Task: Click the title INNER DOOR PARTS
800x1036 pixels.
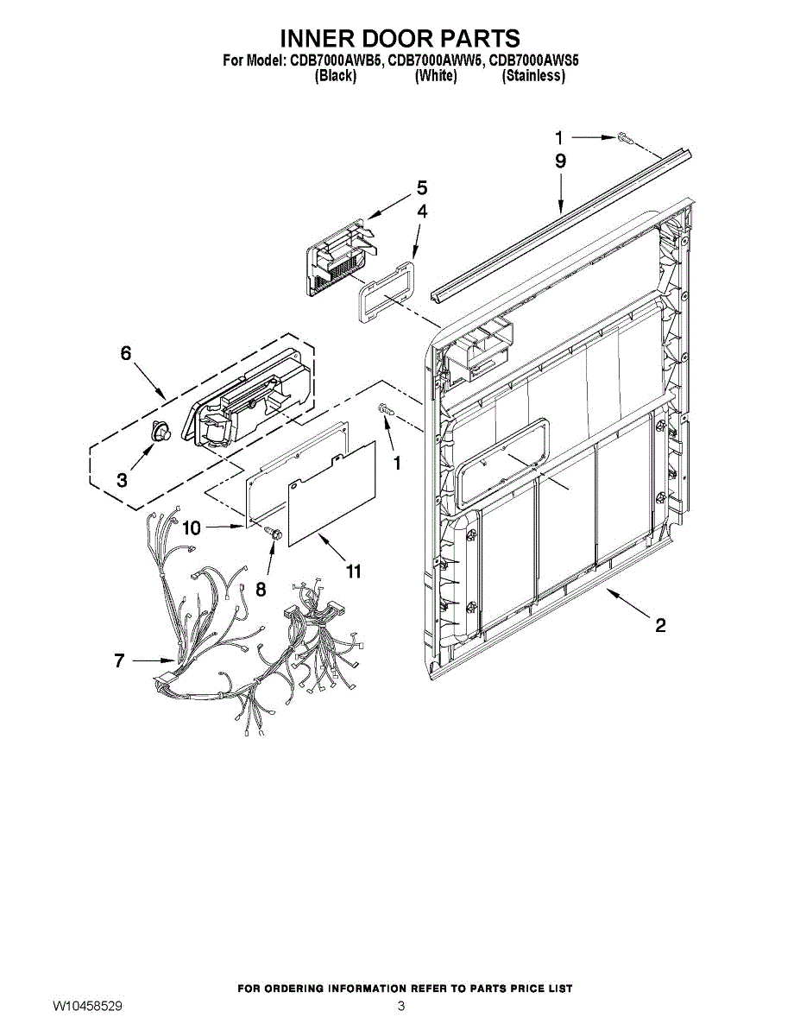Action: click(400, 38)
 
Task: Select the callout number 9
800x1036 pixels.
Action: click(560, 161)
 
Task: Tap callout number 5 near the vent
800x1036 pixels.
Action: click(421, 187)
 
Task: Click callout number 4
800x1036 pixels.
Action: click(421, 211)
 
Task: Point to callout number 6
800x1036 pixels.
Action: click(126, 353)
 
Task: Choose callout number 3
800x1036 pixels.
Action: click(122, 480)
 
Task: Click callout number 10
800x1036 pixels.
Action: click(191, 527)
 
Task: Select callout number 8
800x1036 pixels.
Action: click(261, 588)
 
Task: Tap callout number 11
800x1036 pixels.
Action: click(353, 571)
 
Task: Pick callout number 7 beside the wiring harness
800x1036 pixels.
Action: click(120, 661)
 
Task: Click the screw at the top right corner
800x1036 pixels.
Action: click(625, 137)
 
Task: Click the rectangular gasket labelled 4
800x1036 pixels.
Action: click(384, 291)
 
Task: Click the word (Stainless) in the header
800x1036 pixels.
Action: click(533, 76)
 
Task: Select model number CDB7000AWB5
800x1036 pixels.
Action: click(332, 61)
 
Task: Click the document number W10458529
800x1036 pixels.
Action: click(86, 1007)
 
